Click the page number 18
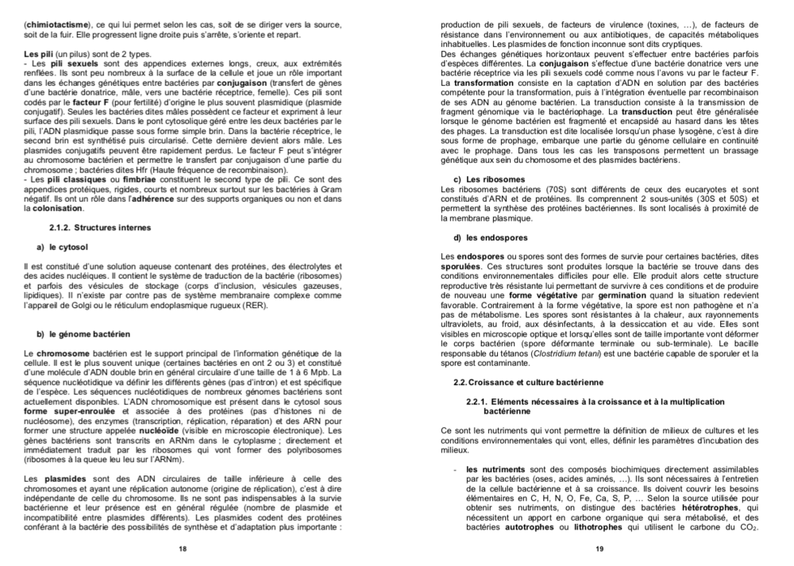click(183, 549)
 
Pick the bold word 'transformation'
click(486, 82)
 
